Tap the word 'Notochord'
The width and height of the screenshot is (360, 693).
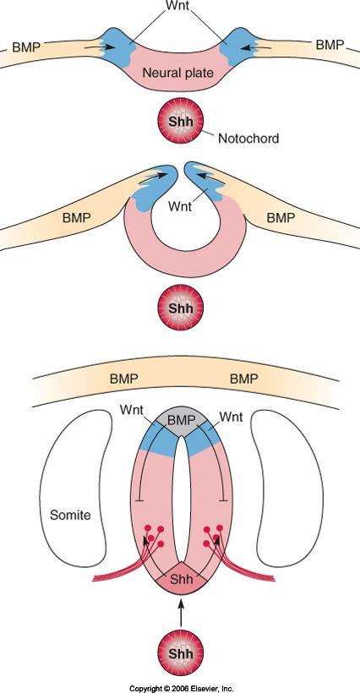(248, 139)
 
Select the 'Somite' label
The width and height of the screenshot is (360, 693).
(70, 515)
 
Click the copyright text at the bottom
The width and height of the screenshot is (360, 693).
(180, 688)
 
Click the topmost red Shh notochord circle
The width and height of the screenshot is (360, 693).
(181, 123)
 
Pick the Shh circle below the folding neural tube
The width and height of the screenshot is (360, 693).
(181, 308)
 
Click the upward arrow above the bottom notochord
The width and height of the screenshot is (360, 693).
(180, 613)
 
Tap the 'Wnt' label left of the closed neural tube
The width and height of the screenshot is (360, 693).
(132, 410)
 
